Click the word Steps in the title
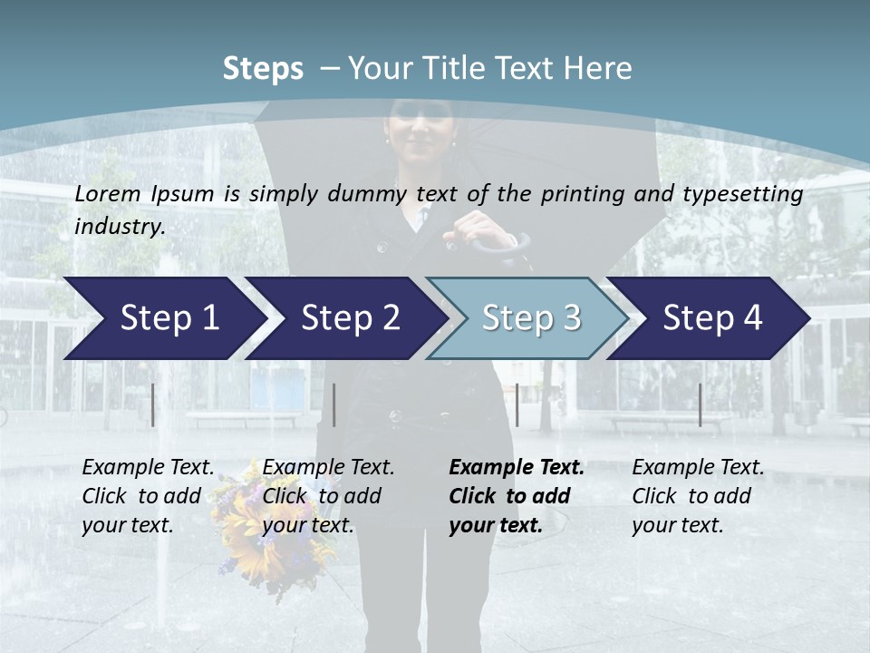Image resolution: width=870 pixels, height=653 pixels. [263, 69]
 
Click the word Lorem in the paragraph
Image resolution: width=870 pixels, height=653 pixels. [108, 194]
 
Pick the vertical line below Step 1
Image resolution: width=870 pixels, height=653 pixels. [153, 404]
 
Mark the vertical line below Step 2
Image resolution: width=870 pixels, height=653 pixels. [334, 404]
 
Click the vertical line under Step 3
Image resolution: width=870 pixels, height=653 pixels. [517, 404]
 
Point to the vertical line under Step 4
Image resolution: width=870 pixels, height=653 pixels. [700, 404]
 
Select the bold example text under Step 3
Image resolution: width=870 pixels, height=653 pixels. [517, 496]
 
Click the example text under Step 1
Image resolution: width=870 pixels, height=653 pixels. [148, 496]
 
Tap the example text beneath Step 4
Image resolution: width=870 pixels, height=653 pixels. [698, 496]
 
